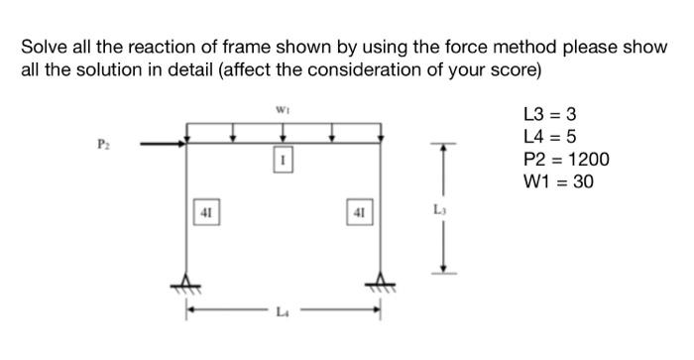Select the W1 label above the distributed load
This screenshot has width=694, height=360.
tap(283, 110)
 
